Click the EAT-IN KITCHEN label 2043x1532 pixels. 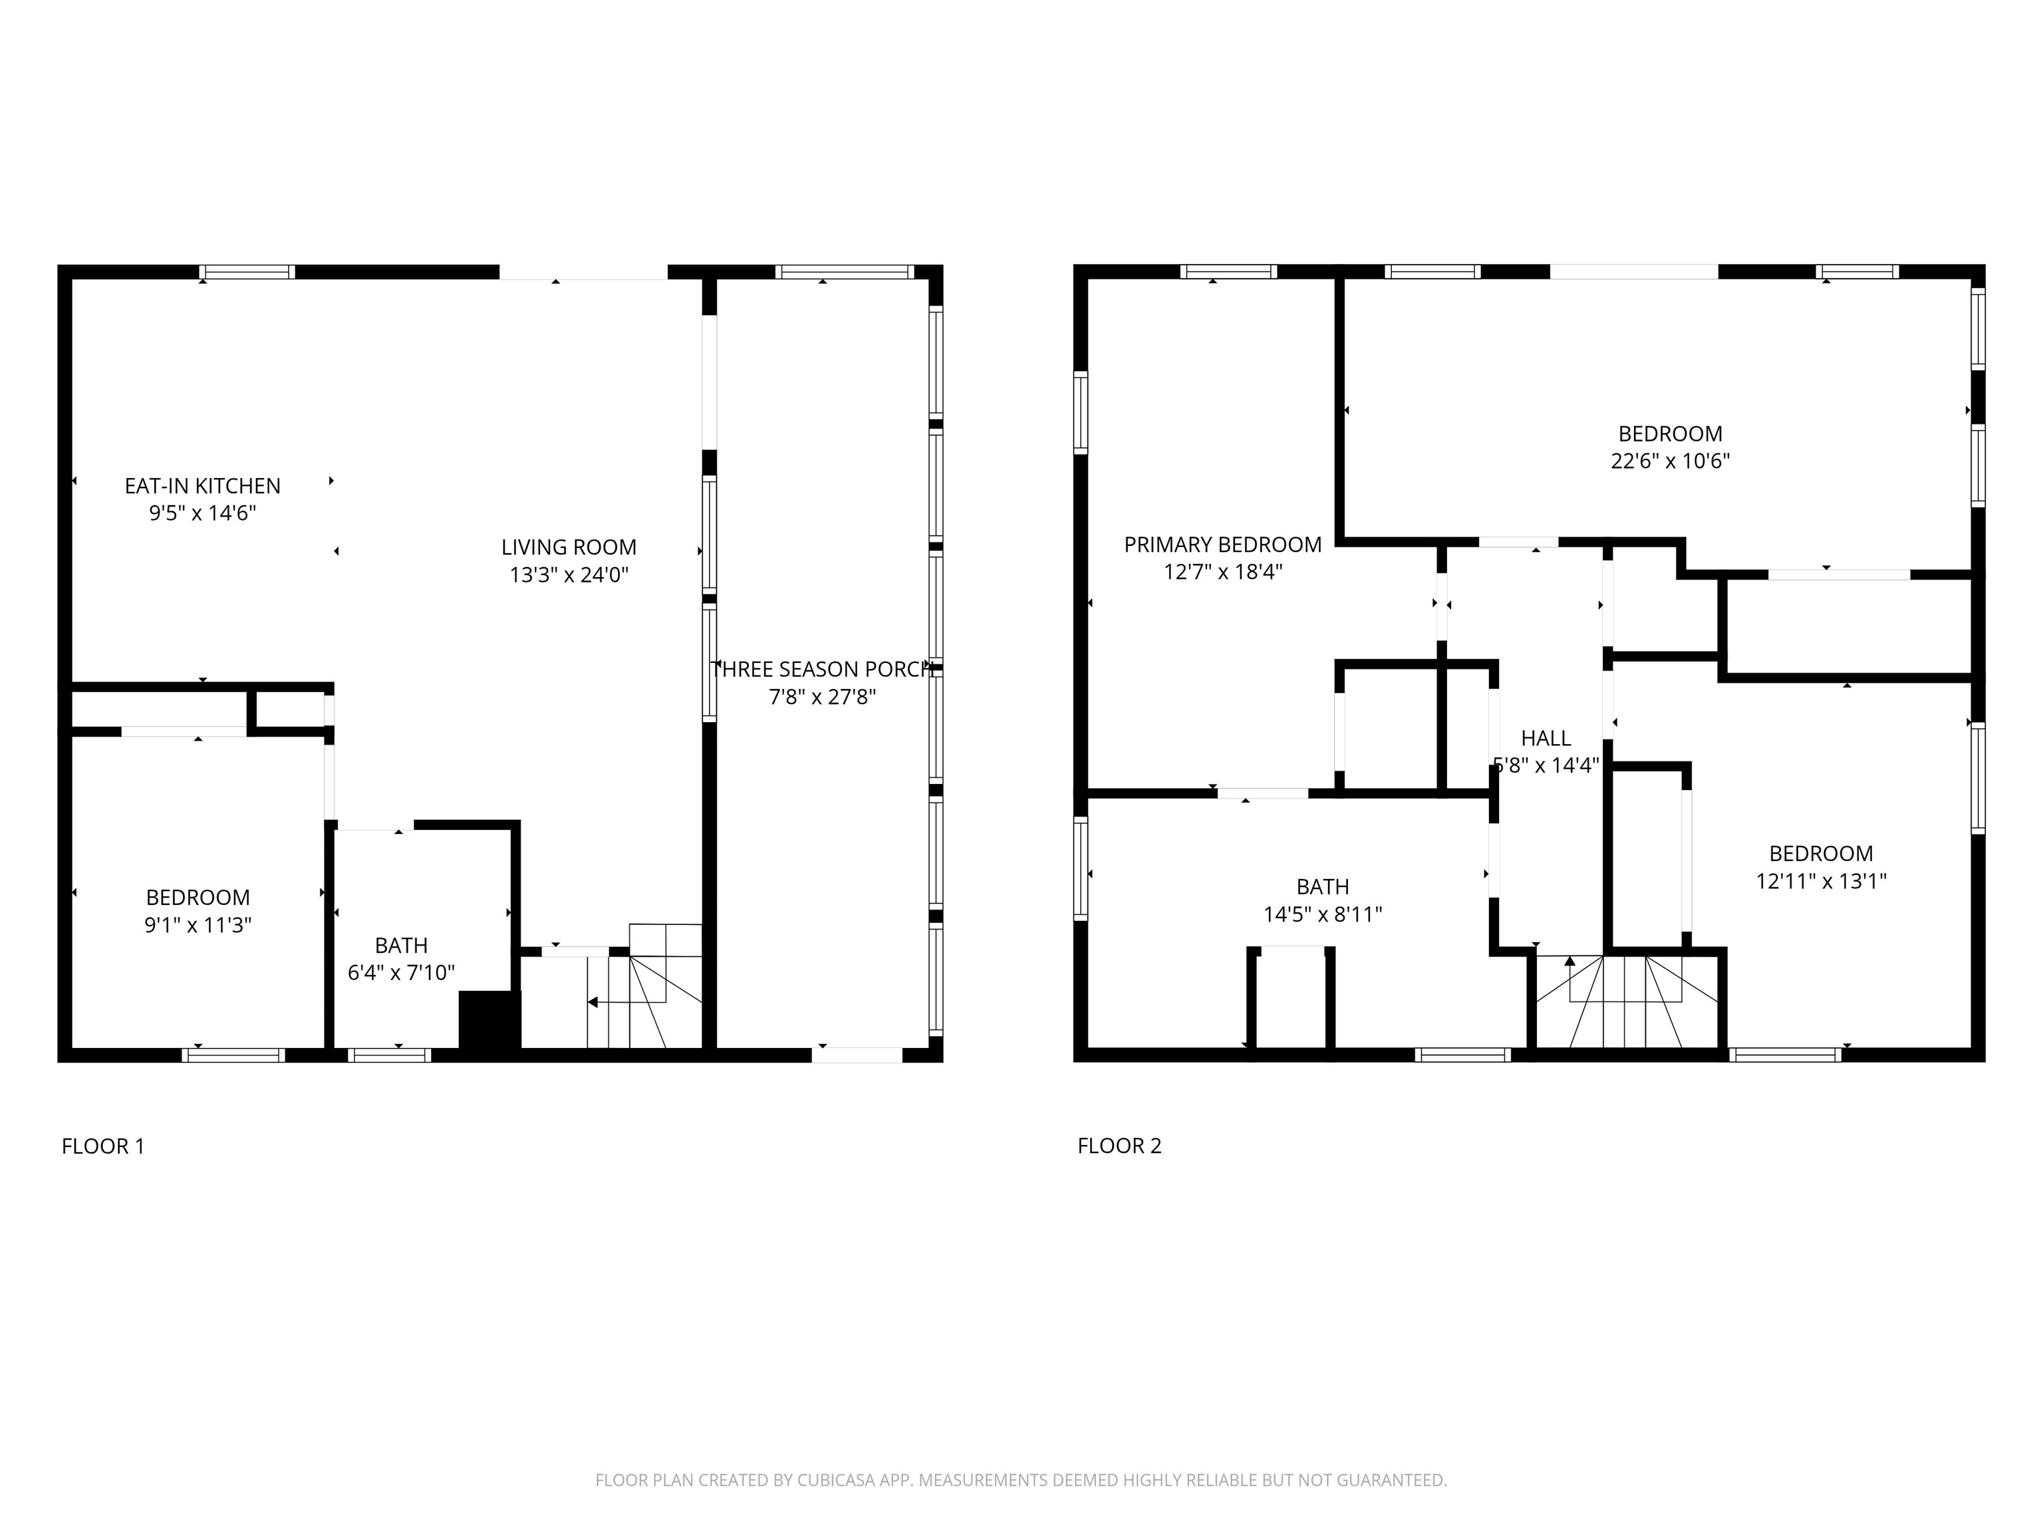202,486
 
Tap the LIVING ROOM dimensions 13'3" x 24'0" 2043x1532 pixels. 568,575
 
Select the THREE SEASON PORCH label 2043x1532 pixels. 822,670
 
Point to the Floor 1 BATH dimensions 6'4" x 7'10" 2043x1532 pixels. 401,972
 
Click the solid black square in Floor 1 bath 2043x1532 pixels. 489,1019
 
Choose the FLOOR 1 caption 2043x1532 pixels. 102,1146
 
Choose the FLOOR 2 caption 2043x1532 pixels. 1119,1146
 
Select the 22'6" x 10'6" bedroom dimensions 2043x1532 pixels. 1670,461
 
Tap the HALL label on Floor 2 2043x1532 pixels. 1545,738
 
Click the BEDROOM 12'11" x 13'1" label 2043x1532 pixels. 1820,853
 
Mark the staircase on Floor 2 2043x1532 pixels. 1625,1002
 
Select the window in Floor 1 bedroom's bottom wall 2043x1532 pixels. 233,1055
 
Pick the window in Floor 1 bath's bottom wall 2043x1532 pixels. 389,1055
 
